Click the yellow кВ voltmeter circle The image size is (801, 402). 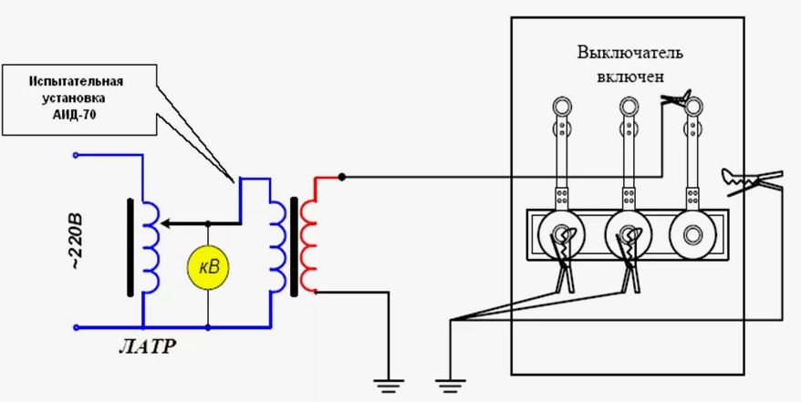click(x=207, y=268)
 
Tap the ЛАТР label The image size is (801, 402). click(x=147, y=347)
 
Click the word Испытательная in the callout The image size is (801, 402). click(x=77, y=82)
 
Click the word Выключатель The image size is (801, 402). click(x=629, y=54)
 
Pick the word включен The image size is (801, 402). click(x=629, y=77)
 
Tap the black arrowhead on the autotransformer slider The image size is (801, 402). click(x=165, y=223)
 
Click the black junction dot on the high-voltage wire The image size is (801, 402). click(x=342, y=177)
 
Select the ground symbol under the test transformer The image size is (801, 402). click(x=389, y=386)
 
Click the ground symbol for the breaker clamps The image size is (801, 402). click(x=451, y=386)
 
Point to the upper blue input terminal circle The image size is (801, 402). click(x=76, y=155)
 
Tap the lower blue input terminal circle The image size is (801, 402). click(x=76, y=327)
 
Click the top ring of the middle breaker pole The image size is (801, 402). click(x=629, y=108)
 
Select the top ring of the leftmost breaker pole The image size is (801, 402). click(x=562, y=108)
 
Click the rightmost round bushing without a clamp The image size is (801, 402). click(x=692, y=235)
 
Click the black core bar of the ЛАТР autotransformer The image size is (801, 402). click(x=130, y=247)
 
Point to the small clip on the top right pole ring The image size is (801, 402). click(x=675, y=97)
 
